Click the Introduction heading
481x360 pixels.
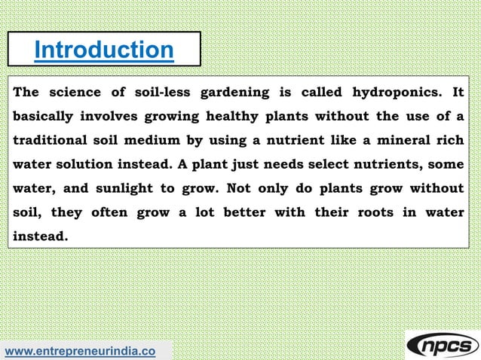coord(104,50)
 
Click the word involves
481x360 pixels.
coord(114,117)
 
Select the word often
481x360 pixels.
coord(109,212)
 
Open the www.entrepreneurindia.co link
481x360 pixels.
coord(81,351)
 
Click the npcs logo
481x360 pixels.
coord(443,344)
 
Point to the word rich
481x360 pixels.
coord(451,141)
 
